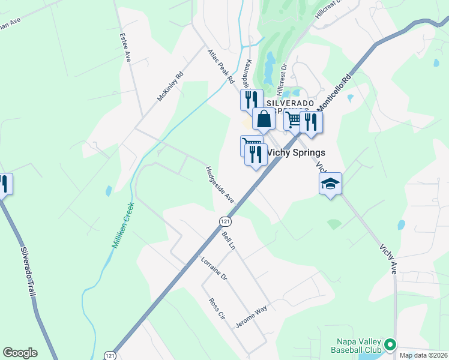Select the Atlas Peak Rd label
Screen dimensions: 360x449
point(220,67)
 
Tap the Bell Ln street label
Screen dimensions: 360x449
point(229,240)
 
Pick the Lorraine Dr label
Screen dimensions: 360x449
point(214,268)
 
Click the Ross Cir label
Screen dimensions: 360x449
point(216,308)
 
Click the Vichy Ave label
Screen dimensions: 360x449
point(388,259)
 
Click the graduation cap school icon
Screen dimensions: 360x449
point(330,184)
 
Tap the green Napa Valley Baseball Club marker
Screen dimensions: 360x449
point(390,344)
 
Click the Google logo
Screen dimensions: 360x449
point(20,353)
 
